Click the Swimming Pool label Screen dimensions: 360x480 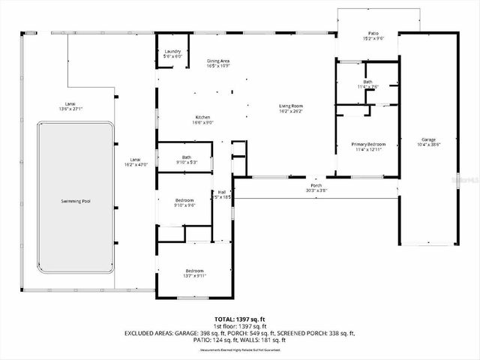[76, 202]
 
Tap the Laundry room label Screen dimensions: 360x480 [173, 52]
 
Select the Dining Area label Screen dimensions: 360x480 [218, 61]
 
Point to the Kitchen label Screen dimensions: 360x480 [203, 118]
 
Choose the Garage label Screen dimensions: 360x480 [428, 139]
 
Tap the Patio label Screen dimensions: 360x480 [373, 34]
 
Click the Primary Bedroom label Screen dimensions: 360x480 [368, 143]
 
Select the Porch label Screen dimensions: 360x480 [317, 185]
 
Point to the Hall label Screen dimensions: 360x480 [222, 192]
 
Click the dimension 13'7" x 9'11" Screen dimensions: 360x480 [195, 275]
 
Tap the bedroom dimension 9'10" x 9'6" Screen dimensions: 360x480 [184, 205]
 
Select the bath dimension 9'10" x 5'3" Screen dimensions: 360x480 [186, 162]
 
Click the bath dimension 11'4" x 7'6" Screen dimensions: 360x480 [367, 86]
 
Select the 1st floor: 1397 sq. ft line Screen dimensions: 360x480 [241, 326]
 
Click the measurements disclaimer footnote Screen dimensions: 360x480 [241, 349]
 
